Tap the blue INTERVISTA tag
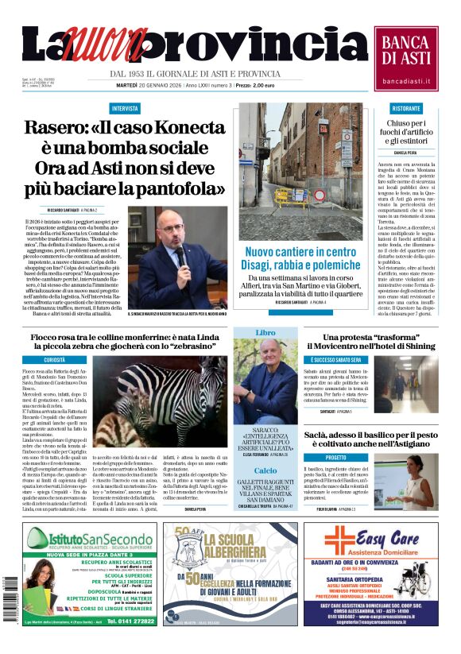125,108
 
